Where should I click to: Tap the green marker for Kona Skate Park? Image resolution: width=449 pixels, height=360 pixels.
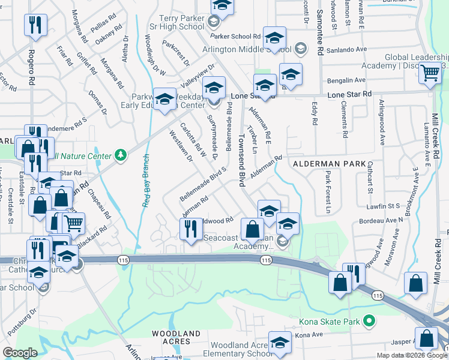369,322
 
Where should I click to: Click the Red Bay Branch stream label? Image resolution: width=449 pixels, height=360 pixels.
145,181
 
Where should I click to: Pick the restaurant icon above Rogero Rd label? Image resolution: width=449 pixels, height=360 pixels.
35,25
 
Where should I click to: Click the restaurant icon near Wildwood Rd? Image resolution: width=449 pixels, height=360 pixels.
191,228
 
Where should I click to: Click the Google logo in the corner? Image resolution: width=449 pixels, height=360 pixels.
20,353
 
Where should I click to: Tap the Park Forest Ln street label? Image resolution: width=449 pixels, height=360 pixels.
328,192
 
